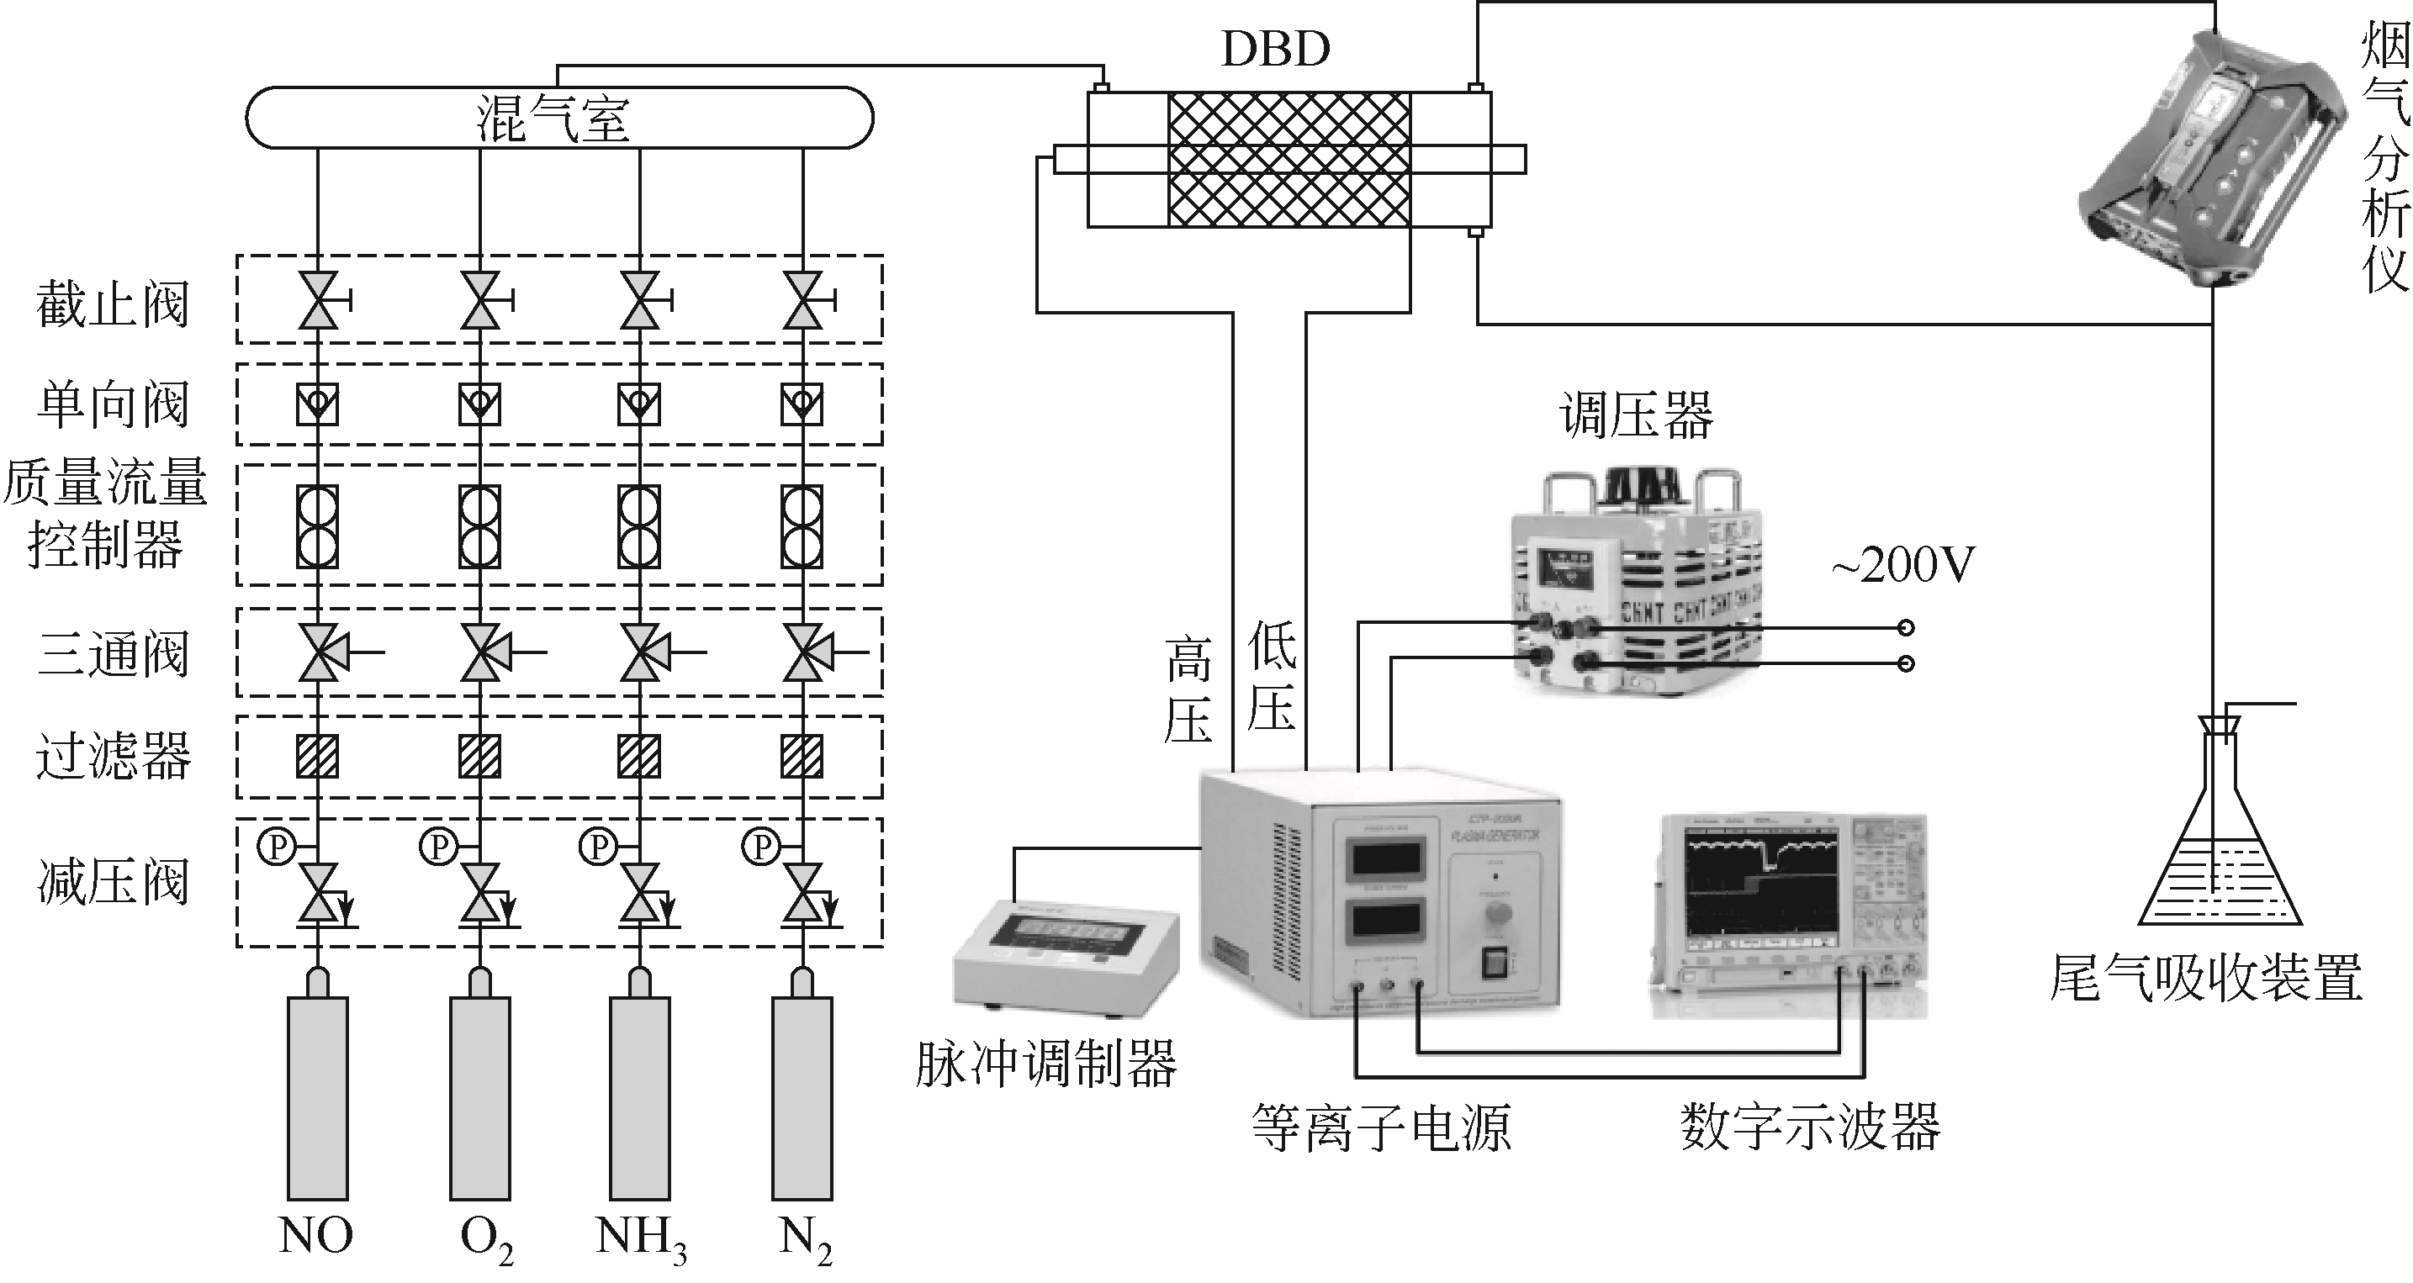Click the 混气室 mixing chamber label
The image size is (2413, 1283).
pyautogui.click(x=553, y=119)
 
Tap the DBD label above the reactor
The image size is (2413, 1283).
pyautogui.click(x=1276, y=49)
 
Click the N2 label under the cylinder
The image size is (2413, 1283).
pyautogui.click(x=804, y=1238)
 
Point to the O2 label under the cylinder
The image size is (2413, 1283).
pyautogui.click(x=485, y=1238)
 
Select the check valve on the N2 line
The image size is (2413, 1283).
pyautogui.click(x=802, y=404)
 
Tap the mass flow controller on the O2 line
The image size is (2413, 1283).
pyautogui.click(x=479, y=526)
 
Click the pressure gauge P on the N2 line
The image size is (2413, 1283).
pyautogui.click(x=760, y=847)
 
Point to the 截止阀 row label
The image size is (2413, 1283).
pyautogui.click(x=113, y=304)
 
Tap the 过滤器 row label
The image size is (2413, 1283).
pyautogui.click(x=113, y=757)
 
